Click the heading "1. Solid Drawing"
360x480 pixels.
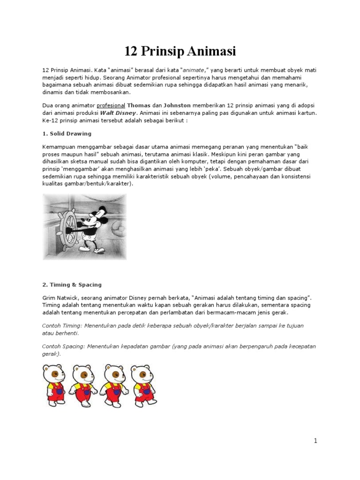click(x=67, y=134)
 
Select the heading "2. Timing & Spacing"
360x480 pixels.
click(x=72, y=285)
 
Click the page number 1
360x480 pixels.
click(x=316, y=441)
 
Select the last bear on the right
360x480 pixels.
click(x=144, y=384)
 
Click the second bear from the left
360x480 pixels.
click(x=84, y=384)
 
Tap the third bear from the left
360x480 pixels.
click(x=114, y=384)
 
